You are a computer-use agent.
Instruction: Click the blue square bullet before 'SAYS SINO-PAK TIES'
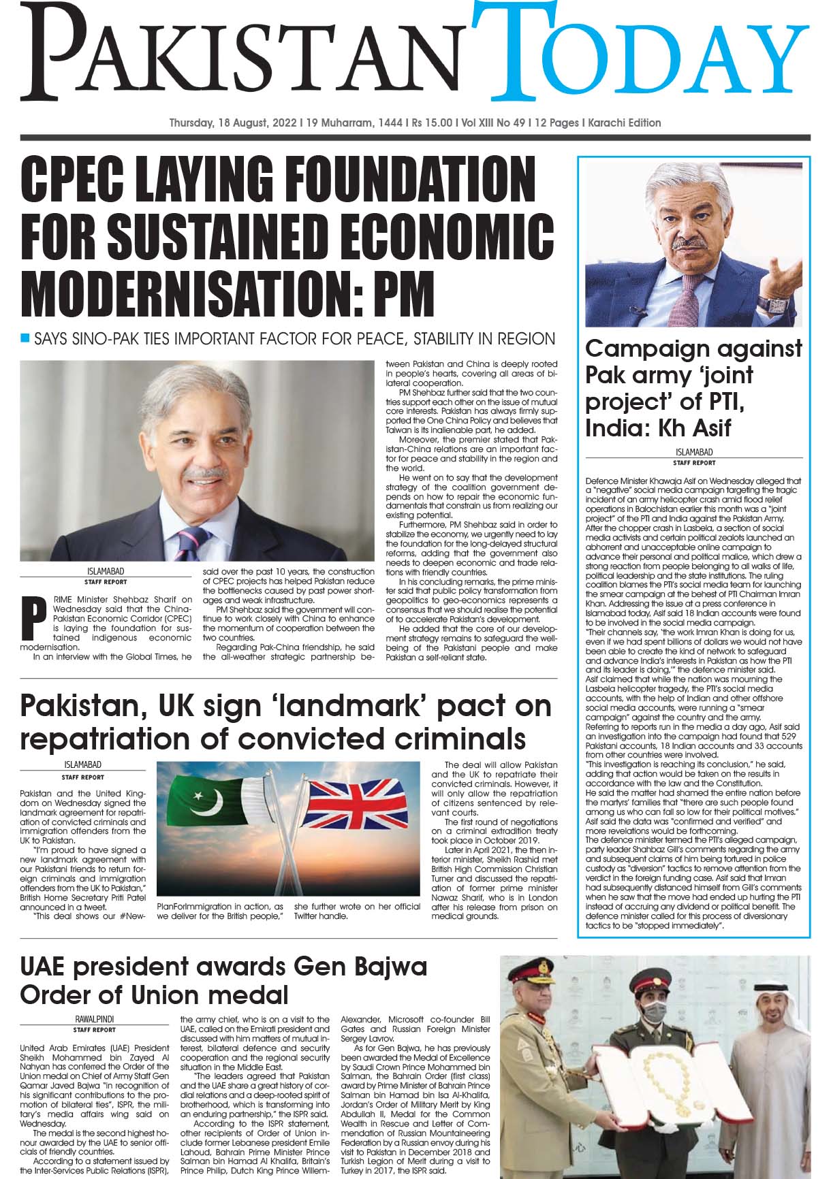pyautogui.click(x=26, y=338)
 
